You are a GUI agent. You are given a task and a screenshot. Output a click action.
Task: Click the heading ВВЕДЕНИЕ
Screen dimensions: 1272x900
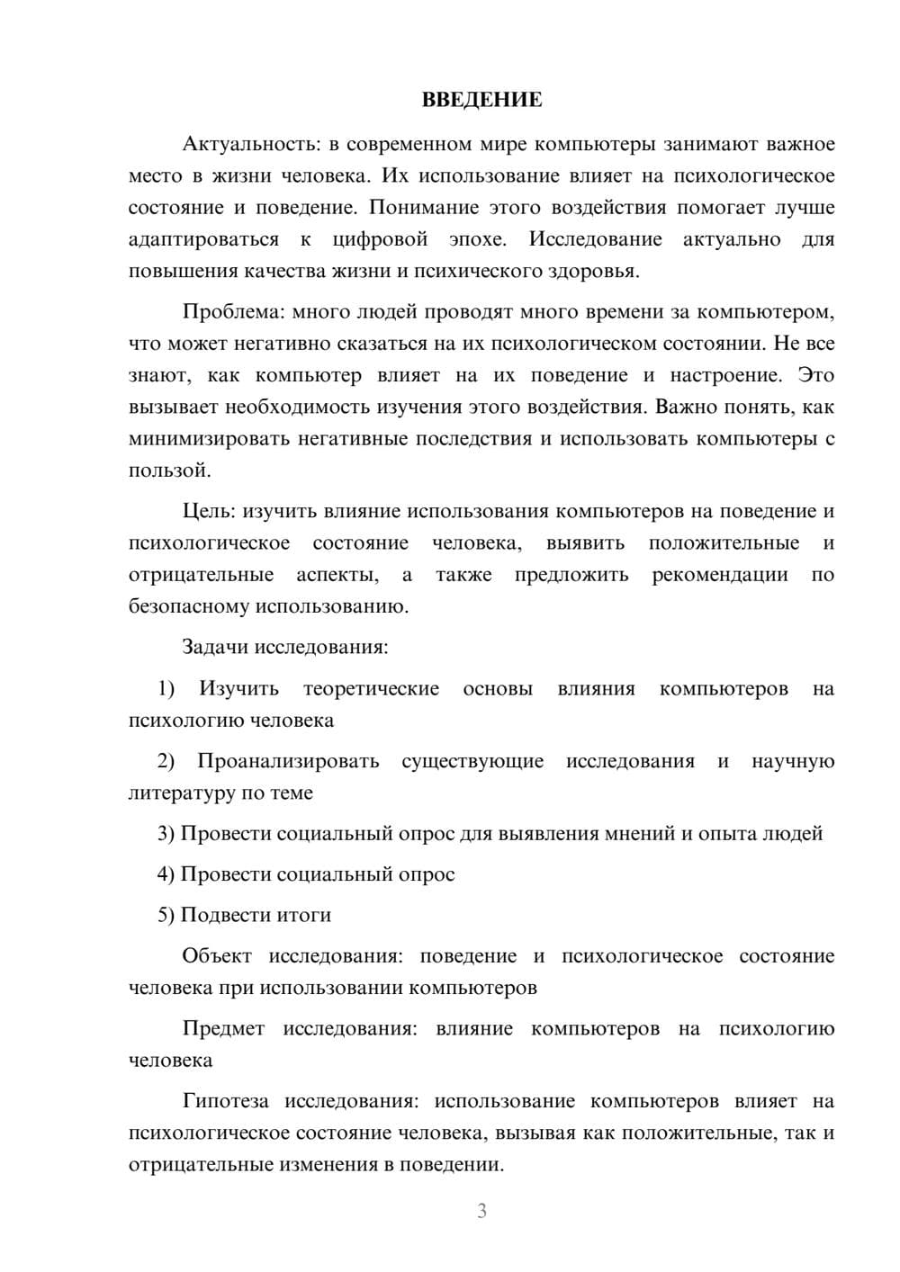(x=481, y=100)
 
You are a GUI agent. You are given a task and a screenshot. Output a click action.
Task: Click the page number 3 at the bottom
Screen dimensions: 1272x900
(x=481, y=1211)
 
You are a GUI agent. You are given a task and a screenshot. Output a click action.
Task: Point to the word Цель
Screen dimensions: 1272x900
(x=209, y=512)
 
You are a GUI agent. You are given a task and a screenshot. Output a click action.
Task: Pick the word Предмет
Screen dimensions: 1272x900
(x=223, y=1028)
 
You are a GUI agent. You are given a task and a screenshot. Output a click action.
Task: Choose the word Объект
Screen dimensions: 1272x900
(x=216, y=955)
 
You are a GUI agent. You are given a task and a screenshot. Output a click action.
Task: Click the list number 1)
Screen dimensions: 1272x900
(x=166, y=689)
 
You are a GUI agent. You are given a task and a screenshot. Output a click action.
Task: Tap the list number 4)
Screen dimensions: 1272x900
(x=166, y=874)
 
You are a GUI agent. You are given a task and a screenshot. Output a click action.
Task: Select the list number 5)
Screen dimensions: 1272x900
(x=166, y=915)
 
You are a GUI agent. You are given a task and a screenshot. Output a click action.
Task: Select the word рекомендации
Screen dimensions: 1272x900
(x=719, y=575)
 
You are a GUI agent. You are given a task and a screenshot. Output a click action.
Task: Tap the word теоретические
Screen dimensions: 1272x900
(x=371, y=689)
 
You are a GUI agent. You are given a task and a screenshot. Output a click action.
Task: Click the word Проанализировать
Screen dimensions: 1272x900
(x=288, y=761)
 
